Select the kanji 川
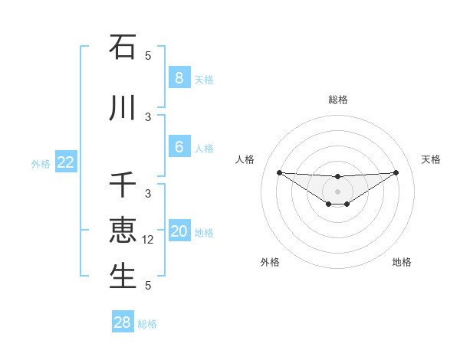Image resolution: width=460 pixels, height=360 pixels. point(123,108)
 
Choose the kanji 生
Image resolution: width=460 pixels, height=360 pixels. point(123,277)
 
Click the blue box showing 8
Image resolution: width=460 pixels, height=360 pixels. point(179,77)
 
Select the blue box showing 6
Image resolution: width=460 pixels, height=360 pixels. point(179,146)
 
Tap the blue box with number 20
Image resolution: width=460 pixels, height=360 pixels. point(179,231)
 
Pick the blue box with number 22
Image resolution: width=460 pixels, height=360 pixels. point(66,162)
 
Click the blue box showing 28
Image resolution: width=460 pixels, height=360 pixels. point(123,322)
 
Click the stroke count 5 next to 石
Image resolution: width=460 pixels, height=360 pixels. point(148,56)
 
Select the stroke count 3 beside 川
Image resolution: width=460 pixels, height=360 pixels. point(148,117)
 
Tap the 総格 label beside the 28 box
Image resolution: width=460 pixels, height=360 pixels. point(147,323)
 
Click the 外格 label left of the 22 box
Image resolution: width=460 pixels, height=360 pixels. point(40,162)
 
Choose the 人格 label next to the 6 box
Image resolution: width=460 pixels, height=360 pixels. point(204,147)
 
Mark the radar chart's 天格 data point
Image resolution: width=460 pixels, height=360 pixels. point(396,172)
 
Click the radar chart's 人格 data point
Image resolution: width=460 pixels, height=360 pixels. point(279,172)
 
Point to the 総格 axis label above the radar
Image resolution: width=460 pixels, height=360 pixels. point(337,100)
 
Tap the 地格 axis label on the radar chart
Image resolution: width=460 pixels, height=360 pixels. point(402,262)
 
